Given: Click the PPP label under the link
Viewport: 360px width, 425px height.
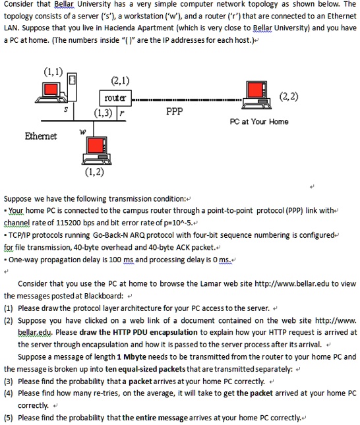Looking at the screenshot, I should point(174,112).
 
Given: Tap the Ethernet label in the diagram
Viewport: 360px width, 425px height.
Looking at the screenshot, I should point(41,136).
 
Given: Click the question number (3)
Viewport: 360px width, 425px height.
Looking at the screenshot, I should point(9,382).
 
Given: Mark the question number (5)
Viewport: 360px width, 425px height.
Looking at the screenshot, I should point(9,418).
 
